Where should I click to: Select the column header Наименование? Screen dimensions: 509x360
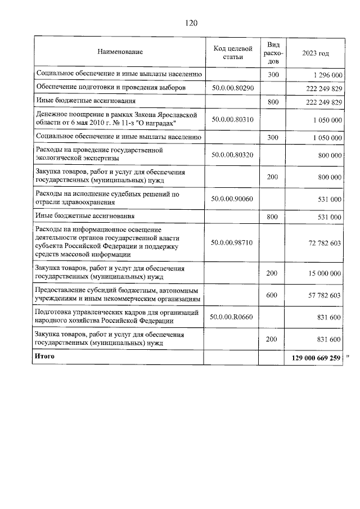pos(120,52)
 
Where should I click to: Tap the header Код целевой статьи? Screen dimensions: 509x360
pos(233,52)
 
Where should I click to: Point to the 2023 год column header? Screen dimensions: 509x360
pos(316,52)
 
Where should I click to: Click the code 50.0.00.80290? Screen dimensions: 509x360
pos(233,88)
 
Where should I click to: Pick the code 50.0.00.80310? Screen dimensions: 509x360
pos(233,120)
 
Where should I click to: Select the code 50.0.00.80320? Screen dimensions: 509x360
pos(233,155)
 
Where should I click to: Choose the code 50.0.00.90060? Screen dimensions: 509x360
pos(233,199)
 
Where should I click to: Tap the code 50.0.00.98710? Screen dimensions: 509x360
pos(233,242)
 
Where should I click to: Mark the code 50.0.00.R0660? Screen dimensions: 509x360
pos(232,317)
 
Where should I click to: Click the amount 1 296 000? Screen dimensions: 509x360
pos(326,75)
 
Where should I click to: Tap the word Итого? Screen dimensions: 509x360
pos(45,357)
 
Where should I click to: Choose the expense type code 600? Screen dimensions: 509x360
pos(272,295)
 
